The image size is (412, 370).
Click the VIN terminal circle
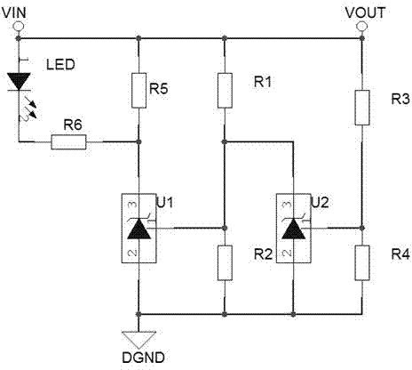(x=19, y=26)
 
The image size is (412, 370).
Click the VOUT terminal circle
(x=361, y=27)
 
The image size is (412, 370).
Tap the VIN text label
(x=14, y=12)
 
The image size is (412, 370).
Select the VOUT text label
(x=365, y=12)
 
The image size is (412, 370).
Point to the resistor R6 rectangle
(x=68, y=142)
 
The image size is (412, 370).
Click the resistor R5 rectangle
(x=139, y=91)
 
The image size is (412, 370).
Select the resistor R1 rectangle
(x=225, y=91)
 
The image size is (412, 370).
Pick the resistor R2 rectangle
(x=225, y=262)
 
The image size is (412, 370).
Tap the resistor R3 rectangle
(x=362, y=108)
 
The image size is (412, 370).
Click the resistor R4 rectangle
(x=362, y=262)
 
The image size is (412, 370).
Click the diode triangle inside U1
(x=139, y=229)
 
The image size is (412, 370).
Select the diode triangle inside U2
(x=293, y=229)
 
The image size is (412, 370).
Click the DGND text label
(x=143, y=358)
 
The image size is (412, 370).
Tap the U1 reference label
(x=165, y=203)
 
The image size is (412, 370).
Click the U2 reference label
(x=320, y=203)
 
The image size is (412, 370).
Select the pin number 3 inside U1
(x=132, y=205)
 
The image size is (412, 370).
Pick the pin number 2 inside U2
(x=287, y=253)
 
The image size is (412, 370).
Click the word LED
(x=60, y=65)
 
